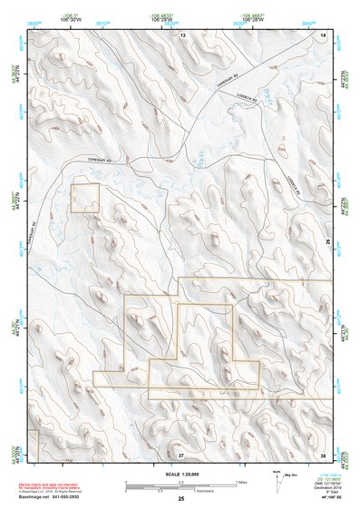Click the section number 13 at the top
click(x=181, y=34)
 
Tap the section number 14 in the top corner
click(x=324, y=34)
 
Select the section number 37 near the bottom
click(x=180, y=453)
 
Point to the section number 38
click(x=324, y=453)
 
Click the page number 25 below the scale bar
click(x=180, y=500)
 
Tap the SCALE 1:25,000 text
click(x=178, y=475)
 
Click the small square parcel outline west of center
click(x=84, y=198)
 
